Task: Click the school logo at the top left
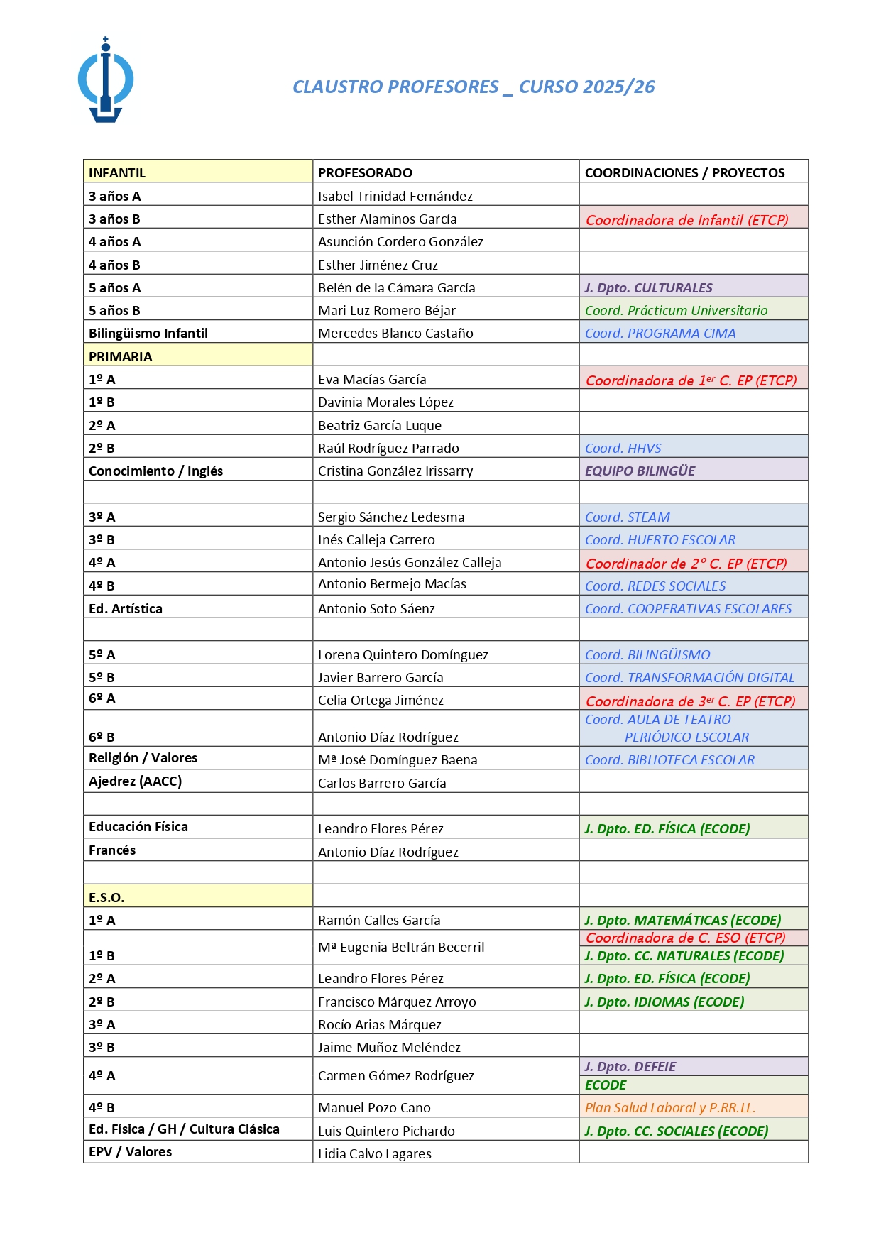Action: click(x=106, y=80)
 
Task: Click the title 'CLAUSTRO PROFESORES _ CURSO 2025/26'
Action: click(x=474, y=87)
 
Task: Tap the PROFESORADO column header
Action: click(x=365, y=172)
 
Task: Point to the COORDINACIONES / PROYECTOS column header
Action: click(x=684, y=172)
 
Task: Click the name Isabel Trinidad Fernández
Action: click(x=395, y=196)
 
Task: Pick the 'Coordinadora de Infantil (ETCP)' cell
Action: click(x=686, y=220)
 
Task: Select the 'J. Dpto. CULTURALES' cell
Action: click(x=648, y=287)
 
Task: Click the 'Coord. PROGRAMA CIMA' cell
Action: click(x=660, y=333)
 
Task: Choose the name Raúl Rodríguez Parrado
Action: click(x=388, y=448)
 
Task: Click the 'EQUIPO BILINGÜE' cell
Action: click(x=640, y=471)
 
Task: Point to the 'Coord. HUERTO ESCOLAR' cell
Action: click(x=660, y=539)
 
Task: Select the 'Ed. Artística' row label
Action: click(x=126, y=608)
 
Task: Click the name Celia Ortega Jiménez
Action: click(x=381, y=700)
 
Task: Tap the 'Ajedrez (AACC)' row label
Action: click(x=135, y=781)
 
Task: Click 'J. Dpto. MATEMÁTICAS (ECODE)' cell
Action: click(x=682, y=920)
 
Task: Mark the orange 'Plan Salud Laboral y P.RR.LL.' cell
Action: click(x=669, y=1107)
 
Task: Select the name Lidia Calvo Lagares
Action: click(x=374, y=1153)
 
